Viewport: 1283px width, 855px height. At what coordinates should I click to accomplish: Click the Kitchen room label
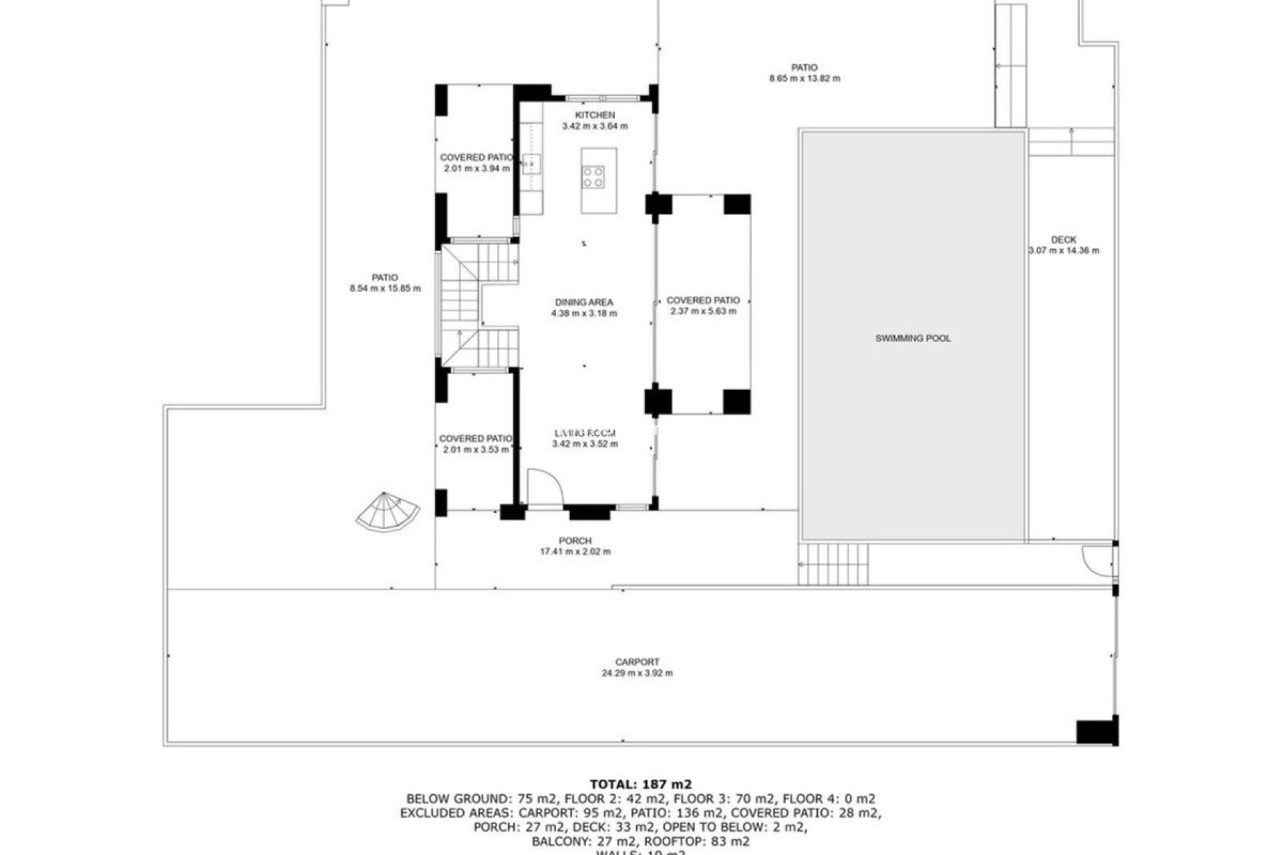(595, 116)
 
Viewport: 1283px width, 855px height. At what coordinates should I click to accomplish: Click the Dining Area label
(583, 302)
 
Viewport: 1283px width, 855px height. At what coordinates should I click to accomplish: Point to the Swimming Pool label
(913, 339)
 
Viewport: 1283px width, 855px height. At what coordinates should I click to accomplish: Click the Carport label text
(637, 662)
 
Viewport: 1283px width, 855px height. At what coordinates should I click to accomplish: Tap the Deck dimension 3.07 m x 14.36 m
(1063, 251)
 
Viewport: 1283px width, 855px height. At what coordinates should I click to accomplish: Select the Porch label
(575, 540)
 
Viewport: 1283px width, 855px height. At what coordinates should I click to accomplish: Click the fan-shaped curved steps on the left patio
(387, 512)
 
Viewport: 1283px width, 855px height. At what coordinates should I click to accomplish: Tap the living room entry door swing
(544, 486)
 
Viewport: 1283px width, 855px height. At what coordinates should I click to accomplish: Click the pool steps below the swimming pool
(834, 564)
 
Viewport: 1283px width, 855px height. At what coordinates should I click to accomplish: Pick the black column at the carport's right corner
(1097, 731)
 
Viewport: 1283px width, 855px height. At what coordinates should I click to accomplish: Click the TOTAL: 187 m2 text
(641, 784)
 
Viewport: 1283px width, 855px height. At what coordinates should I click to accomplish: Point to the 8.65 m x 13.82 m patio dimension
(805, 78)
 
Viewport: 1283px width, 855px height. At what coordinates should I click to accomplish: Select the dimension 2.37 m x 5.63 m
(703, 311)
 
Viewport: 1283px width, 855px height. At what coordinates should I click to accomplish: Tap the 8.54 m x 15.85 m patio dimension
(385, 289)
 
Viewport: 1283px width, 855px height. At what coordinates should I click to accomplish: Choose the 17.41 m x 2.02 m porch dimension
(575, 552)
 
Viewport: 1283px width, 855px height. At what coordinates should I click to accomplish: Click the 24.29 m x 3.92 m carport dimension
(637, 673)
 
